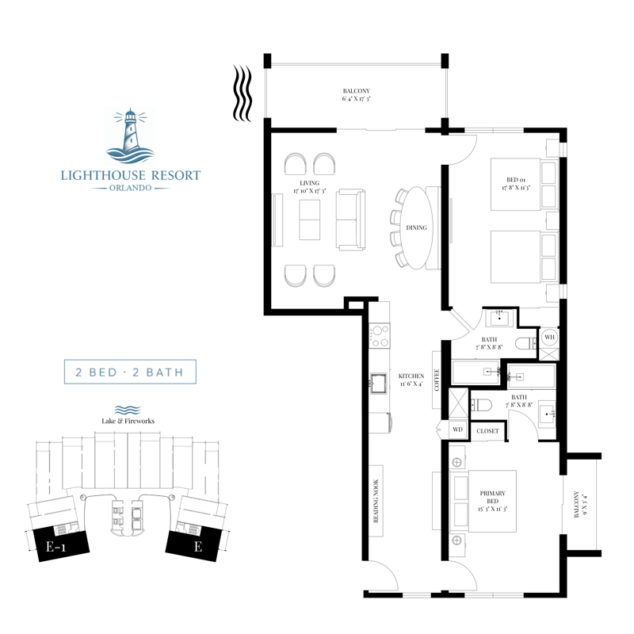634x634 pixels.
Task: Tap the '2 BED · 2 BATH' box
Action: click(x=130, y=372)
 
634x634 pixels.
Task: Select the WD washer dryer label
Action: click(x=457, y=430)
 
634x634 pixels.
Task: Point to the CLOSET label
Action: click(x=487, y=430)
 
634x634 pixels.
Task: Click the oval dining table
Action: click(x=417, y=228)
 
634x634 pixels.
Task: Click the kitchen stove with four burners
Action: click(x=380, y=336)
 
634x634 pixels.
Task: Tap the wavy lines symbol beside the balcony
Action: click(x=243, y=94)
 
